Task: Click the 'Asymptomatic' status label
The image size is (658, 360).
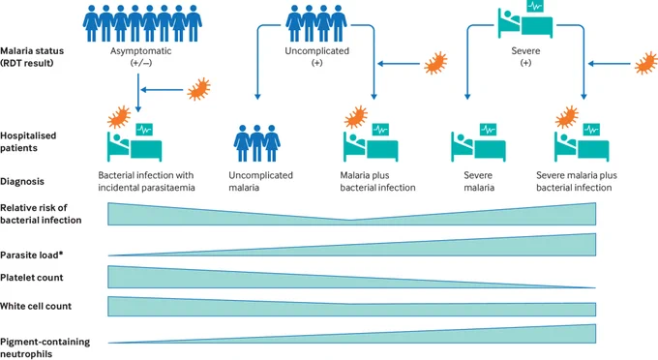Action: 140,51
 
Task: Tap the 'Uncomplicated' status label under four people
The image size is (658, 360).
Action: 316,51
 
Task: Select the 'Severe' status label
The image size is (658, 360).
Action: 525,51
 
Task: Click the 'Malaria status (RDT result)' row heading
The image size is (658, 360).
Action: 32,57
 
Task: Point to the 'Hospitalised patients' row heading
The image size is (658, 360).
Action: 28,142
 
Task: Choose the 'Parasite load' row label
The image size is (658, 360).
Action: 32,255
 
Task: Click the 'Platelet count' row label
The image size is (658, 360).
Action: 32,278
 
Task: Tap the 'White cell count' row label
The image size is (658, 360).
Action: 36,307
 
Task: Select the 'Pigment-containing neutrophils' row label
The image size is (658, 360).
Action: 45,347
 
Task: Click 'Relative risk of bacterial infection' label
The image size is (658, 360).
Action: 41,214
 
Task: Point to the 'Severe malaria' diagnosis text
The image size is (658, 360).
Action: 478,181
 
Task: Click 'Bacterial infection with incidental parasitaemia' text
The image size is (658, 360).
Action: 146,181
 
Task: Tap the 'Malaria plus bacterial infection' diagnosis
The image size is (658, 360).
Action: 377,181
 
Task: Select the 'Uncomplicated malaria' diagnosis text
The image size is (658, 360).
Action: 260,181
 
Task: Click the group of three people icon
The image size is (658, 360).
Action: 256,143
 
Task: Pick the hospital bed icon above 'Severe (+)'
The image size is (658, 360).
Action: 525,19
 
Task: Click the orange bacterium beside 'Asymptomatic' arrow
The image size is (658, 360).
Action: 198,89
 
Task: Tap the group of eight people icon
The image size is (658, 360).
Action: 142,23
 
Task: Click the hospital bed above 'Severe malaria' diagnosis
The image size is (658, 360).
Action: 478,142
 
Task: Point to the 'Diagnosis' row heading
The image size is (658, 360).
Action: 22,182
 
